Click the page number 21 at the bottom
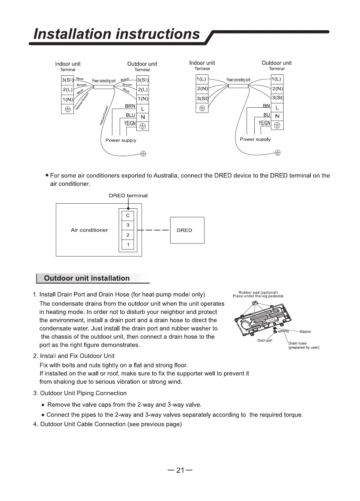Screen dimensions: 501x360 tap(180, 470)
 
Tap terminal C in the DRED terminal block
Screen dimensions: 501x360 tap(128, 216)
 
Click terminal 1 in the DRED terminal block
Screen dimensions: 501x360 tap(128, 245)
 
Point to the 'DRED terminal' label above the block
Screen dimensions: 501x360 tap(128, 196)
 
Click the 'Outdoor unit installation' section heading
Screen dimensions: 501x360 tap(87, 278)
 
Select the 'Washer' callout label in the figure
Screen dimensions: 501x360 tap(305, 332)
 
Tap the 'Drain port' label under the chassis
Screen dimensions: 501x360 tap(265, 341)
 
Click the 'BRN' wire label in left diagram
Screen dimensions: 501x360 tap(130, 106)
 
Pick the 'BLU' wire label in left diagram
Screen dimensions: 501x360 tap(130, 115)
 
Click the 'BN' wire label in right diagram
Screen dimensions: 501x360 tap(266, 106)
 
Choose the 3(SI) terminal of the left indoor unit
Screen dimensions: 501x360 tap(67, 80)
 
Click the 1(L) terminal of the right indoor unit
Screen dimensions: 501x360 tap(201, 79)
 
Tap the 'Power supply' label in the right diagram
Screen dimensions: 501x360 tap(255, 139)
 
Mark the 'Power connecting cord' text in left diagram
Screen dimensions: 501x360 tap(104, 81)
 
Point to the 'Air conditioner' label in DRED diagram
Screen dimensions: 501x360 tap(89, 230)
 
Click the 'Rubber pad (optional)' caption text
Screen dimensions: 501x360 tap(258, 292)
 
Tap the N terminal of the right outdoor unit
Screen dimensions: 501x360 tap(277, 116)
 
